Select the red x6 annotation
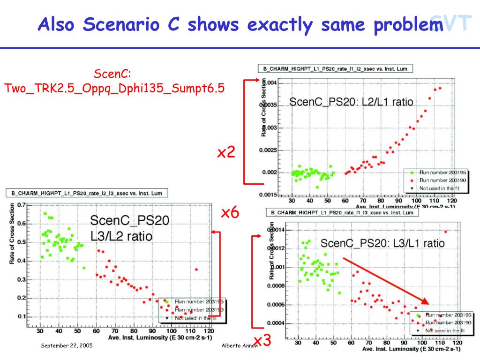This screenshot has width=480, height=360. (230, 213)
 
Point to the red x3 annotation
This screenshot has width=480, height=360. (262, 341)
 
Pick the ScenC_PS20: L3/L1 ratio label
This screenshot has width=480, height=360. (382, 243)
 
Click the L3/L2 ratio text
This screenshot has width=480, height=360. (121, 236)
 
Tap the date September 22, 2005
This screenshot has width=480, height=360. (67, 345)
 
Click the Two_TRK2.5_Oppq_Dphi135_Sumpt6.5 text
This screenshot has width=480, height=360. (115, 88)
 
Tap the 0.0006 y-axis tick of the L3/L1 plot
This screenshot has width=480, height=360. (280, 305)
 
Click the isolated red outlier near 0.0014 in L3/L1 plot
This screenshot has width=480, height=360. (445, 231)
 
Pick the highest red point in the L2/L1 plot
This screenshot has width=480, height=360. (440, 88)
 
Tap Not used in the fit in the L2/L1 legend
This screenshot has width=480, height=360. (436, 187)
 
